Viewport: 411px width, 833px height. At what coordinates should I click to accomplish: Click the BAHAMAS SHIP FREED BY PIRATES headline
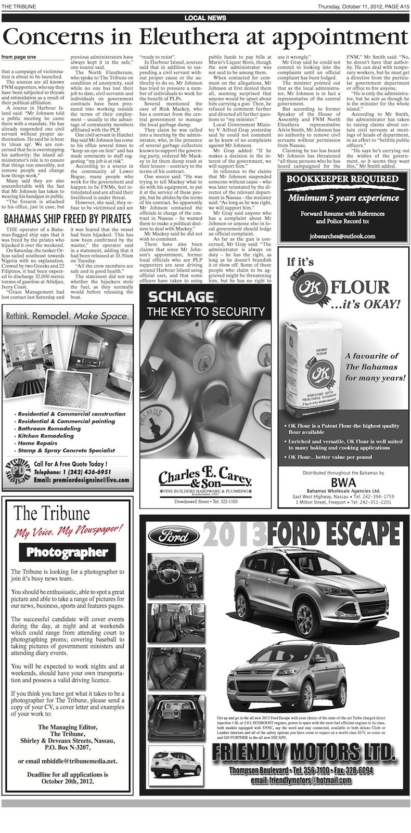tap(67, 218)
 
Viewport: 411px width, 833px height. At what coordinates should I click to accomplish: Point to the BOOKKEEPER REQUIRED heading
tap(342, 179)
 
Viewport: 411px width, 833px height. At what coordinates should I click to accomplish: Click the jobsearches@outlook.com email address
tap(342, 236)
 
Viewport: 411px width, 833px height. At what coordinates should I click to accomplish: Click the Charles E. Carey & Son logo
tap(205, 479)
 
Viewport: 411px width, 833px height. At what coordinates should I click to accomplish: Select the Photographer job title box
tap(67, 552)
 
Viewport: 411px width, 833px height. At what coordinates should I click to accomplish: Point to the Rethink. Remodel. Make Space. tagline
tap(67, 316)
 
